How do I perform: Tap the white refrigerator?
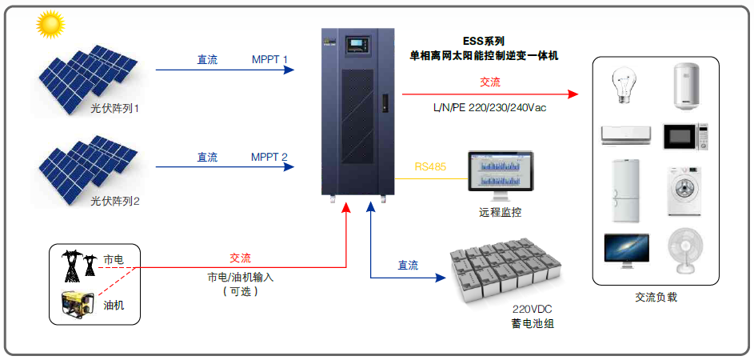(625, 192)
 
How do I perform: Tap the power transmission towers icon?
(79, 265)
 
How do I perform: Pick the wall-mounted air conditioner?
(624, 135)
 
